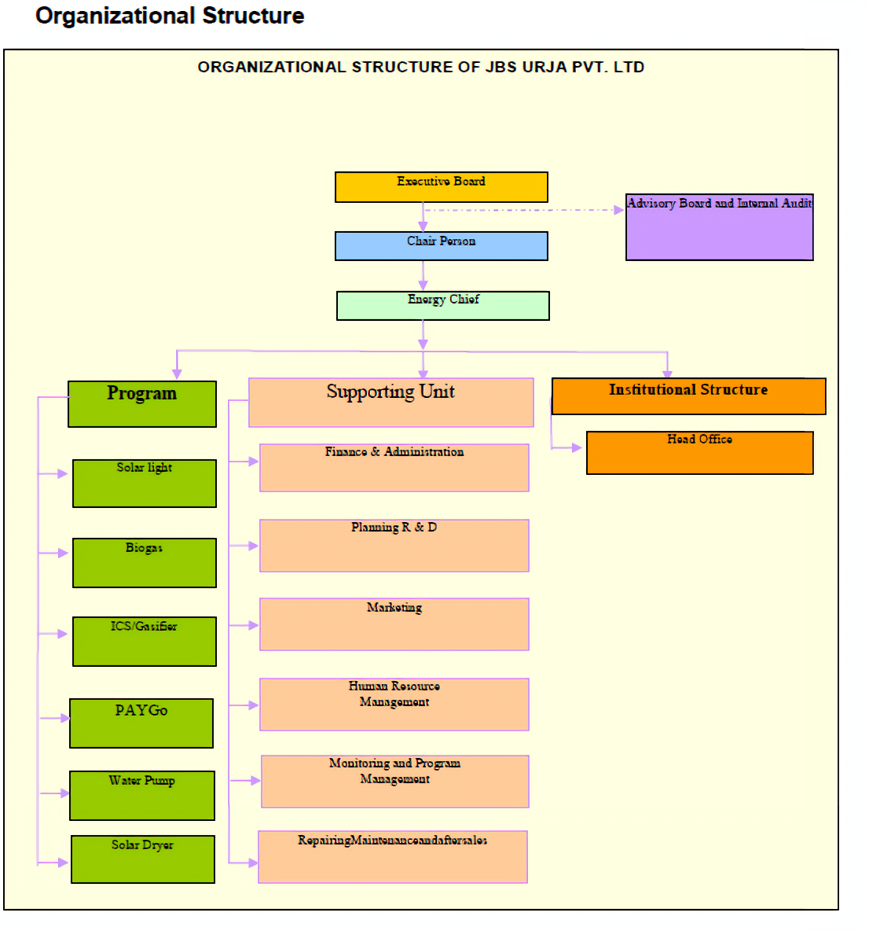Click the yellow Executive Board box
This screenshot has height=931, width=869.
tap(441, 187)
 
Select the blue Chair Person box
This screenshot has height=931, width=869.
tap(441, 245)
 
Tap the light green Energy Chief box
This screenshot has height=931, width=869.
tap(442, 306)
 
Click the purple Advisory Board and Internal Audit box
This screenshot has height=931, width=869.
tap(719, 227)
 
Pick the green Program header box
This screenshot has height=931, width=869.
tap(141, 404)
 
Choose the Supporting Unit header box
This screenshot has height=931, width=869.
tap(390, 403)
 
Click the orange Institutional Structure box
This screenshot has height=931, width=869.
tap(688, 396)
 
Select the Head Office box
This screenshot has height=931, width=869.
tap(699, 453)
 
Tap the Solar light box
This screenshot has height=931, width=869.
tap(144, 484)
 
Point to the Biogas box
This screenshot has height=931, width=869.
tap(144, 563)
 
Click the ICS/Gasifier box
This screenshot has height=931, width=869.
tap(144, 642)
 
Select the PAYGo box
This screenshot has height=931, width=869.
tap(141, 723)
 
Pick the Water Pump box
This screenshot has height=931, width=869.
tap(141, 796)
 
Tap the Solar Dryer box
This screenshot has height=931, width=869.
tap(142, 859)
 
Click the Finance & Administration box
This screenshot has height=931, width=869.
tap(394, 468)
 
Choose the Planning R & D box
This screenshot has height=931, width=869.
tap(394, 546)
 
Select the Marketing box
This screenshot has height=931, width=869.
tap(394, 624)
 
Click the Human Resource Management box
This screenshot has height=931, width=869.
tap(394, 705)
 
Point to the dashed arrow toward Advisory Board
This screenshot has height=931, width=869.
tap(522, 210)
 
